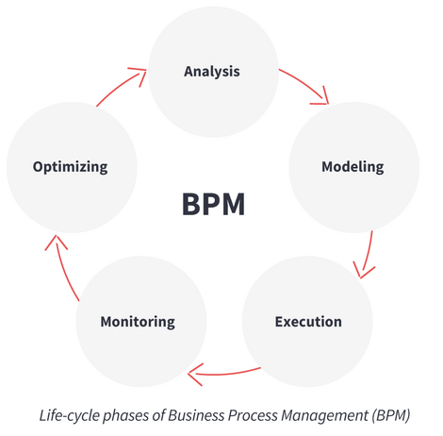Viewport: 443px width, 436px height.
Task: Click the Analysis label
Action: [212, 72]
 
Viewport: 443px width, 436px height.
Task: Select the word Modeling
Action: [353, 167]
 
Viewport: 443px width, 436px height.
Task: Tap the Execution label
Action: [308, 322]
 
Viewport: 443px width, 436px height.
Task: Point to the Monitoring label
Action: [138, 322]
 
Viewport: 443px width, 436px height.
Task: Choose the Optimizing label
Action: [70, 167]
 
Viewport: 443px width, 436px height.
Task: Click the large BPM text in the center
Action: [213, 205]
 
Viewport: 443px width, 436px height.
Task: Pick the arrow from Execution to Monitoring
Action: [223, 375]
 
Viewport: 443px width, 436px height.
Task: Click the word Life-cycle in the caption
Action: [69, 416]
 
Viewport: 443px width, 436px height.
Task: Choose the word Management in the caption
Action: [324, 416]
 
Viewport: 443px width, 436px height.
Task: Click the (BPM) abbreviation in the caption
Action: [391, 416]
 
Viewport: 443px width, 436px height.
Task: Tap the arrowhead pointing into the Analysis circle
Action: [139, 75]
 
